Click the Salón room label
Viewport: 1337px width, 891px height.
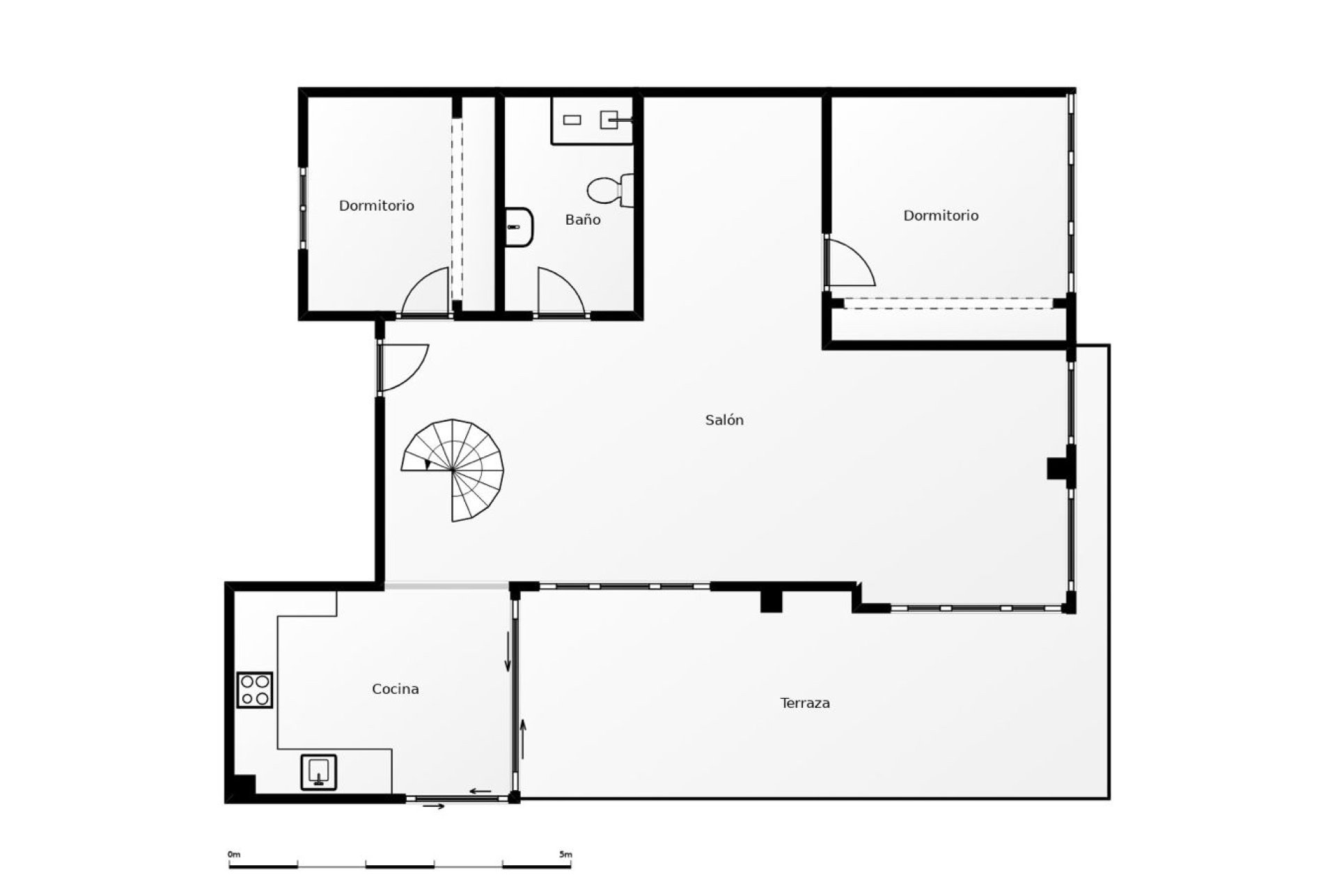point(724,420)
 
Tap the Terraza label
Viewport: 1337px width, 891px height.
point(805,703)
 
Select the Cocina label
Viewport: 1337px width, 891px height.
point(396,689)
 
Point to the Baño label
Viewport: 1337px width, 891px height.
point(583,219)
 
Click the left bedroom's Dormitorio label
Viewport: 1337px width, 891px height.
point(377,205)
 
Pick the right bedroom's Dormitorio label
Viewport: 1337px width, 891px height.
point(941,216)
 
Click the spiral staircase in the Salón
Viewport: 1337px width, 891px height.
point(453,470)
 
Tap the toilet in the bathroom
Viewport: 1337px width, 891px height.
point(611,191)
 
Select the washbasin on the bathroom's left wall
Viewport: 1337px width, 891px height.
point(519,227)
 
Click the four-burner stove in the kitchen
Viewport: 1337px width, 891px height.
point(255,690)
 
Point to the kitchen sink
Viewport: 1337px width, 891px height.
point(319,772)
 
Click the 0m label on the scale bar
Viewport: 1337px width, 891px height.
point(234,854)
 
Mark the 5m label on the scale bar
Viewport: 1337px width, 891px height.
point(565,854)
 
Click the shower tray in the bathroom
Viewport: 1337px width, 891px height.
point(592,120)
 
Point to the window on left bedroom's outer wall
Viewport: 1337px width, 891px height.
point(303,207)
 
